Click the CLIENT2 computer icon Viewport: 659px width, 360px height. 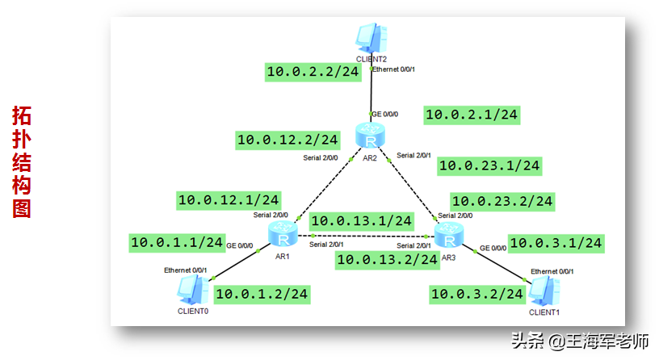[x=371, y=38]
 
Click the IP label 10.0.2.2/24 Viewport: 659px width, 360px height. [x=313, y=72]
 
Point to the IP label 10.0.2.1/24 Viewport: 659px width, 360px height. [x=472, y=115]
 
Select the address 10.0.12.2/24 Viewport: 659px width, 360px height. [x=287, y=140]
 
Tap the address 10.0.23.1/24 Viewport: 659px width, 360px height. [x=489, y=165]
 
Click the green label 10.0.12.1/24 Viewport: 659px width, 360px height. [x=229, y=199]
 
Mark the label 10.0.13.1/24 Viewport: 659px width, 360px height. [x=361, y=220]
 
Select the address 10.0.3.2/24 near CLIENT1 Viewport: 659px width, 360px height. [x=476, y=294]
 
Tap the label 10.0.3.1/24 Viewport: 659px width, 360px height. [x=556, y=242]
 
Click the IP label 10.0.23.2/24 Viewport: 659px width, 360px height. [x=502, y=200]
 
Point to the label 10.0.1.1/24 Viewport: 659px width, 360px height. [x=177, y=241]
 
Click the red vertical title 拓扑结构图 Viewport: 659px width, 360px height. [x=22, y=161]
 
